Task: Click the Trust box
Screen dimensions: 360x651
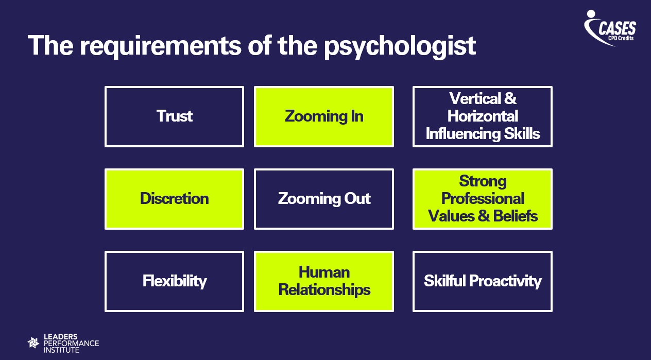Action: tap(174, 116)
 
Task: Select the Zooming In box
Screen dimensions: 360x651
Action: tap(324, 116)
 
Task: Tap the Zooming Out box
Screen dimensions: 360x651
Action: tap(324, 199)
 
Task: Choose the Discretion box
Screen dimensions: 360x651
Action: tap(174, 199)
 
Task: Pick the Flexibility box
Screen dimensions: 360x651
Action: tap(174, 281)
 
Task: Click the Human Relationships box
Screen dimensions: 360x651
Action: tap(324, 281)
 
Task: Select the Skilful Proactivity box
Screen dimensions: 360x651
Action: tap(483, 281)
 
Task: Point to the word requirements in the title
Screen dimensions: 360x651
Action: tap(160, 46)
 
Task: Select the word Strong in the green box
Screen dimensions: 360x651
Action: tap(483, 181)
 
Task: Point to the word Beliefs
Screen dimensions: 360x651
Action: tap(515, 216)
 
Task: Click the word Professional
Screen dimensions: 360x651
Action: tap(483, 199)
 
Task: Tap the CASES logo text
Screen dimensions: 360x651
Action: tap(617, 28)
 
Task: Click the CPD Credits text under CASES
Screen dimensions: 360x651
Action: tap(622, 38)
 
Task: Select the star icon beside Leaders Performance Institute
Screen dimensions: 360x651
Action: tap(33, 342)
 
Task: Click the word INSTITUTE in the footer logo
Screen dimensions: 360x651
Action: tap(62, 350)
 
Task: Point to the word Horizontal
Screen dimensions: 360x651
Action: tap(483, 116)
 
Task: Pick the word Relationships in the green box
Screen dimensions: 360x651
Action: tap(324, 290)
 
